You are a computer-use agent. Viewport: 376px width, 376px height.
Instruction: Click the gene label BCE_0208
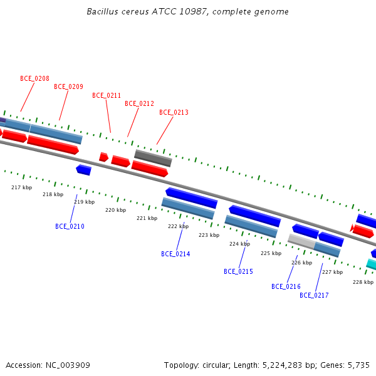coord(34,79)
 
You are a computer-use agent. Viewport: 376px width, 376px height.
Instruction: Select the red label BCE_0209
coord(68,87)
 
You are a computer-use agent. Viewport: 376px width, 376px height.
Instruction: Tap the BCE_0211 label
coord(107,95)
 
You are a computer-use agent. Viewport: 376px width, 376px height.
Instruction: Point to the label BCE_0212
coord(139,103)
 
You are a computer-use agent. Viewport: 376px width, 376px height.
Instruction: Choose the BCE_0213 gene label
coord(174,112)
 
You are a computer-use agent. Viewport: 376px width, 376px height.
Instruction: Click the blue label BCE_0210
coord(70,226)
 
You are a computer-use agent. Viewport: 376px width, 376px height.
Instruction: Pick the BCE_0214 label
coord(175,254)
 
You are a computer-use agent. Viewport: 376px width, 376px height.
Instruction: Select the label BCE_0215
coord(238,271)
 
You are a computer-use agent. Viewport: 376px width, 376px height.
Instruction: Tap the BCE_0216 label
coord(286,286)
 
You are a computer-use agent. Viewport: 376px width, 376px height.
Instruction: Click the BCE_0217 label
coord(314,295)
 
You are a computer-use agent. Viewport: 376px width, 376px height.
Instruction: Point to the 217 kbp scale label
coord(21,187)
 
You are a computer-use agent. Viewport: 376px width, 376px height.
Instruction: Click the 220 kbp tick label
coord(115,210)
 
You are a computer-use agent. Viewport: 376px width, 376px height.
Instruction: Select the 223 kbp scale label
coord(209,235)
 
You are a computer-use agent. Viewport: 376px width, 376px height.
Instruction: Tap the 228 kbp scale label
coord(363,282)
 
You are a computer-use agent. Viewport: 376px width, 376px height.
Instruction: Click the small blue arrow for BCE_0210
coord(84,170)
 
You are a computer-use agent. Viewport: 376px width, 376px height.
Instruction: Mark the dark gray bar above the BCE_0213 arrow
coord(153,158)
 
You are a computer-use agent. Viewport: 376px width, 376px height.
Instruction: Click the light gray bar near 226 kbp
coord(301,241)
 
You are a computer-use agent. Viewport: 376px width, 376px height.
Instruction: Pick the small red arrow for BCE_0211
coord(103,157)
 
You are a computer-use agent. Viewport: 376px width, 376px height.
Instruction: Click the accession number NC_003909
coord(68,365)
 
